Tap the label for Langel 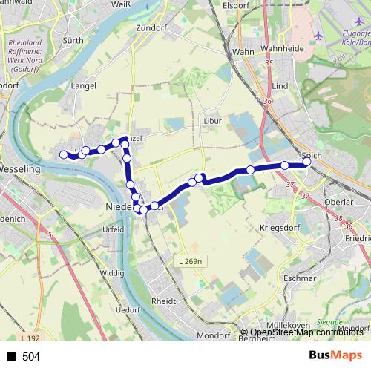(x=82, y=86)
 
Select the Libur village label (x=212, y=120)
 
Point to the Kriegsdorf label (x=279, y=226)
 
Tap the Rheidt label (x=163, y=302)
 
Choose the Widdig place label (x=111, y=273)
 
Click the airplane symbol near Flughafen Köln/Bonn (x=319, y=35)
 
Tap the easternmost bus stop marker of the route (x=307, y=164)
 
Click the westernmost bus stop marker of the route (x=64, y=154)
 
